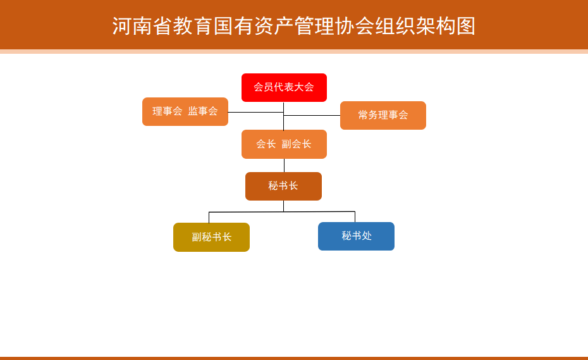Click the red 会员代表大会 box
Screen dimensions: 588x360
point(284,87)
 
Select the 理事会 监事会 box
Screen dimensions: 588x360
point(185,111)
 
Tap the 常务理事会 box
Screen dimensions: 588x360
point(383,115)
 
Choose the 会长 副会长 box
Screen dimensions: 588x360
point(284,144)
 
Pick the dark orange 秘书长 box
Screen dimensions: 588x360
point(283,186)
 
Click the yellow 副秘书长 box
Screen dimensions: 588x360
point(212,237)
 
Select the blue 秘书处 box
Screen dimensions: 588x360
point(356,236)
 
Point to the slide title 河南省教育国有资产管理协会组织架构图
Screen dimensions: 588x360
point(294,26)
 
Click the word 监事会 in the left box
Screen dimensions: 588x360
point(202,111)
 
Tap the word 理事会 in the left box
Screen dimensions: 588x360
point(168,111)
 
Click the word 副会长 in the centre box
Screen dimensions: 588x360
point(297,144)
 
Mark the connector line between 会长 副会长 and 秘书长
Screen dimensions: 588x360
point(284,165)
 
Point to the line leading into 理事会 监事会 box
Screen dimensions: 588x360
point(256,112)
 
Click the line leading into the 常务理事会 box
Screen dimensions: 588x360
point(312,115)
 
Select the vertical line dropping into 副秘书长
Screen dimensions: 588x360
point(209,218)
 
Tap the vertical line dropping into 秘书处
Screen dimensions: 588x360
point(355,217)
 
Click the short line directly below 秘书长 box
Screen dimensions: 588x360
point(283,206)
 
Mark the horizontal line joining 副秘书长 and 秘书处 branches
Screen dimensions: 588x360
point(282,212)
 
